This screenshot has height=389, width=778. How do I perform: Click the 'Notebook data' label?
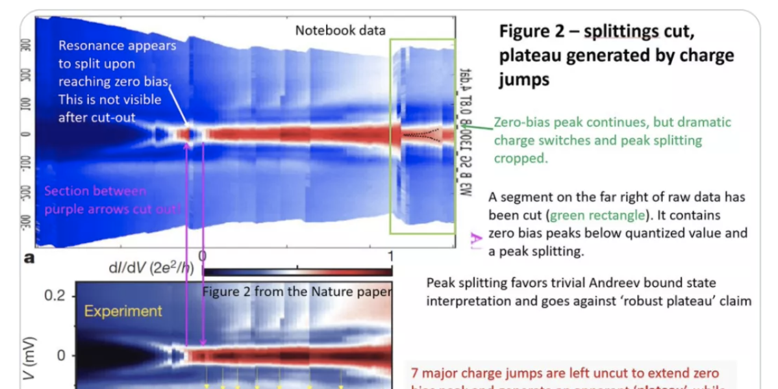coord(340,30)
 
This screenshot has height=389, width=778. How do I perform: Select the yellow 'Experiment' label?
coord(123,311)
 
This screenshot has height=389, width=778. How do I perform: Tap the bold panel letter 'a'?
coord(29,258)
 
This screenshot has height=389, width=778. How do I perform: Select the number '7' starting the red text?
coord(415,373)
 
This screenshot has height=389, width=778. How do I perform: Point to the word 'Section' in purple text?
coord(68,191)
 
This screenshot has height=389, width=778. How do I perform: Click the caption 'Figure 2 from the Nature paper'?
coord(297,292)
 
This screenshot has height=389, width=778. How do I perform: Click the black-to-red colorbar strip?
coord(298,271)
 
